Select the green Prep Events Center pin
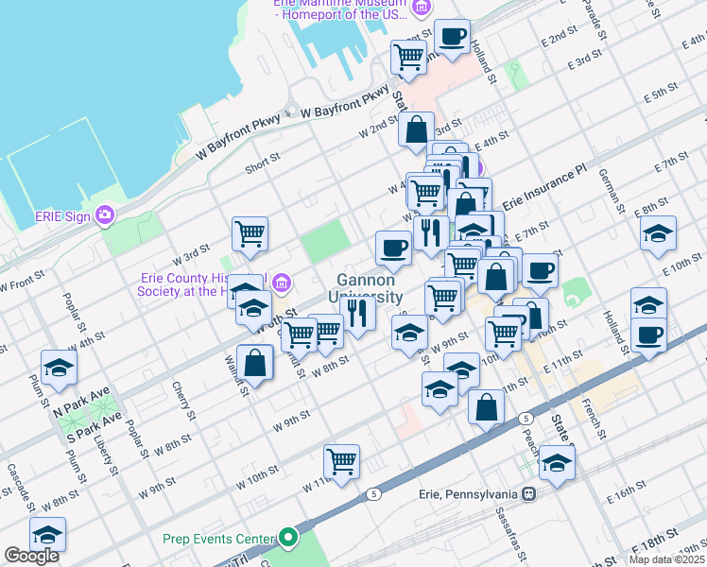288,540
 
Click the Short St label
263,163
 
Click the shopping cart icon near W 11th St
341,462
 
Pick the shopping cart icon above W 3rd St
250,233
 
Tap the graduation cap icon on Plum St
58,368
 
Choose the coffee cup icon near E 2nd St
452,37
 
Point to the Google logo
31,556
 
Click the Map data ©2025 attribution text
666,559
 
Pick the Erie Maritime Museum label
340,7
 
